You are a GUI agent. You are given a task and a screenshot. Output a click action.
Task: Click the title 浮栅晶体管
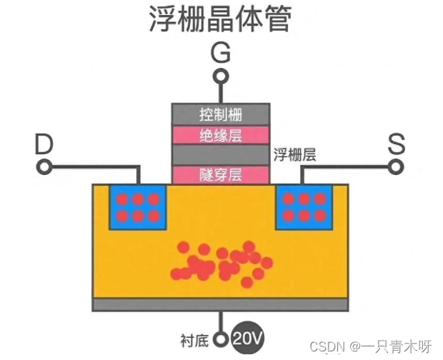click(x=219, y=19)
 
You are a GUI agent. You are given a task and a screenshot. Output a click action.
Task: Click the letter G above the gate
click(x=221, y=53)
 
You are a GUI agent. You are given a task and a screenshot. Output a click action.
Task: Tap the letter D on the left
click(x=44, y=145)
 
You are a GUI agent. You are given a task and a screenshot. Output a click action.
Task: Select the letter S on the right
click(x=397, y=145)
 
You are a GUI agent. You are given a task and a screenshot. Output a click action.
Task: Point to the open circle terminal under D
click(x=44, y=167)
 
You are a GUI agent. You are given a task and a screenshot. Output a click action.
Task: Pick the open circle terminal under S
click(x=397, y=167)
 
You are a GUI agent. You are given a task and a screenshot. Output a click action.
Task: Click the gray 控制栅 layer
click(x=221, y=114)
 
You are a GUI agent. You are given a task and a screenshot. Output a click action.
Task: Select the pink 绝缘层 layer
click(x=221, y=134)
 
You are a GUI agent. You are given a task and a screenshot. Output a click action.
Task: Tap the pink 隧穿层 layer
click(x=221, y=174)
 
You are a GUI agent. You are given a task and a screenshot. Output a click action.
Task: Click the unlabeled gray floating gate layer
click(x=221, y=154)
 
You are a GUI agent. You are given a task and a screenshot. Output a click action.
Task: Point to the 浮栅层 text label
click(x=294, y=154)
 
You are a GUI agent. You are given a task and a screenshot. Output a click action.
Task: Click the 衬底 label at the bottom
click(x=194, y=339)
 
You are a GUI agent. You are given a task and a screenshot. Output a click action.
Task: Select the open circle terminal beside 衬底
click(x=220, y=339)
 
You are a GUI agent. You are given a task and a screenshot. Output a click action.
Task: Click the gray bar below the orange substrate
click(x=221, y=305)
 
